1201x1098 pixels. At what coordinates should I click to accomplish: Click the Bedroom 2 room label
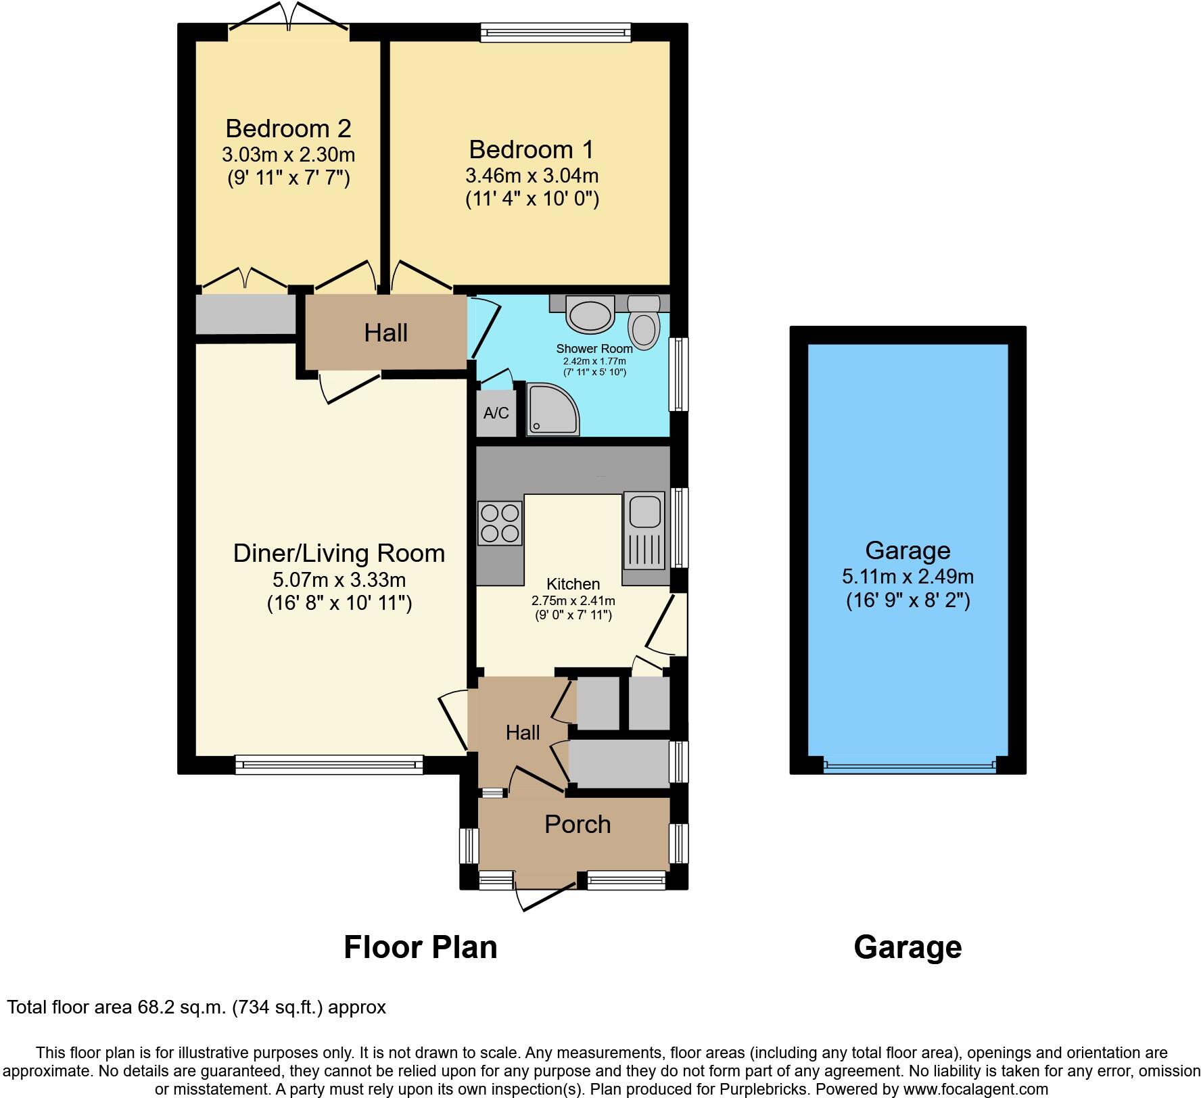(x=288, y=128)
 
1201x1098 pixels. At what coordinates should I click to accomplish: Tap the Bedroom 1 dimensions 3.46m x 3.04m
(x=532, y=176)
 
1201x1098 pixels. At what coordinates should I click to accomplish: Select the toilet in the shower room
(x=643, y=323)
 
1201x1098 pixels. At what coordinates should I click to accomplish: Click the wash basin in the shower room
(x=590, y=314)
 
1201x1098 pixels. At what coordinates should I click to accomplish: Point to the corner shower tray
(x=552, y=408)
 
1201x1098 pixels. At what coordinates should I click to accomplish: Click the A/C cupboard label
(x=496, y=412)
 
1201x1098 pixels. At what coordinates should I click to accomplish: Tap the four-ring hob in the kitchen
(x=500, y=523)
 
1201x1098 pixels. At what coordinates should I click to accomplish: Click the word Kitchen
(x=573, y=583)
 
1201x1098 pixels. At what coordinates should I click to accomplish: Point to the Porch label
(x=578, y=824)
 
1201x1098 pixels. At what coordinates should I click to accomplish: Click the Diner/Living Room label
(x=339, y=553)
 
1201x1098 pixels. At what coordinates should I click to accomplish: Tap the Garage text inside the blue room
(x=908, y=550)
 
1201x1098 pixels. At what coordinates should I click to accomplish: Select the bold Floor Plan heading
(x=420, y=947)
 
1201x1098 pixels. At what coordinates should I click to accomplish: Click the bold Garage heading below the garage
(x=908, y=947)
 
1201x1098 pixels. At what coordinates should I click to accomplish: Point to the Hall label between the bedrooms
(x=385, y=332)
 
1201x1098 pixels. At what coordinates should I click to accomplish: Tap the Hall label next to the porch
(x=523, y=732)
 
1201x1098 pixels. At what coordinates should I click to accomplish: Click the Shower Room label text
(x=594, y=349)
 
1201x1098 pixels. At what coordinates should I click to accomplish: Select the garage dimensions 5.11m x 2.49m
(x=908, y=577)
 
